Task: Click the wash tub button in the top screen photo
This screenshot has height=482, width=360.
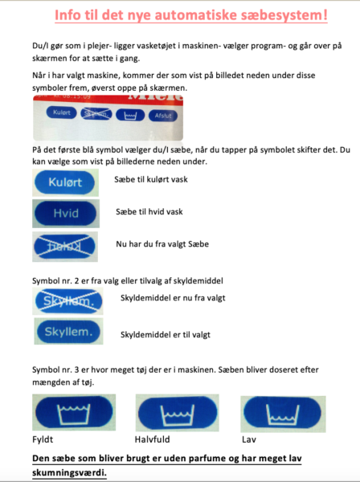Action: coord(130,115)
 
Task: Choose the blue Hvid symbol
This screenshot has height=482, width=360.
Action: coord(66,214)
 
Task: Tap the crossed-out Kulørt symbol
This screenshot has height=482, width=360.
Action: coord(66,246)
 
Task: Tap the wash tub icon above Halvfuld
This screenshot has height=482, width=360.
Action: coord(174,414)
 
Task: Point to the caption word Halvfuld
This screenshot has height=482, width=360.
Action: coord(154,441)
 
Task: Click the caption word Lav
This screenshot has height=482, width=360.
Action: coord(248,441)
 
